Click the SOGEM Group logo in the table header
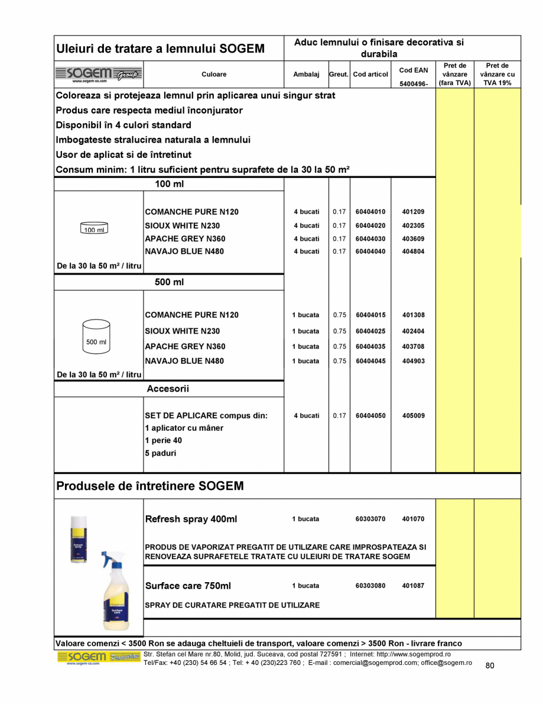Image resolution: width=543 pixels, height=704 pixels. [x=99, y=75]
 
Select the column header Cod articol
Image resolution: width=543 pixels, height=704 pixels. [x=370, y=75]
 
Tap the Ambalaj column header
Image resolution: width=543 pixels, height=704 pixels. [x=306, y=75]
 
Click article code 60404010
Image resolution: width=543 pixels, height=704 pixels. [x=370, y=212]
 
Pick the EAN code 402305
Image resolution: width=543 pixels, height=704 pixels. [x=413, y=225]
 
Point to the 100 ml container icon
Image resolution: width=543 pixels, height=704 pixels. [x=94, y=230]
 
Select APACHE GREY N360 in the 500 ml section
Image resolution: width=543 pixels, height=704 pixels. [x=185, y=346]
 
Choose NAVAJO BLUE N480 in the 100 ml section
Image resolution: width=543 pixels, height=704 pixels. [x=185, y=251]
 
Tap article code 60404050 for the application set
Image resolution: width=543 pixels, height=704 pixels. [x=370, y=416]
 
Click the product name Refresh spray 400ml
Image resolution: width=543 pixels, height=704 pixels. [x=191, y=519]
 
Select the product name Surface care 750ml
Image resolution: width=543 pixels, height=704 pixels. [x=188, y=586]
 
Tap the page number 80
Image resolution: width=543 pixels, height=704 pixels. [x=489, y=666]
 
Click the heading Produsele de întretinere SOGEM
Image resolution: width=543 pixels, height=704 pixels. [x=149, y=486]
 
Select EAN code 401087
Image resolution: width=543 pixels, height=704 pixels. [x=413, y=586]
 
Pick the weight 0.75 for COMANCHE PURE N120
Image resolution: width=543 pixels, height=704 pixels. [x=339, y=315]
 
